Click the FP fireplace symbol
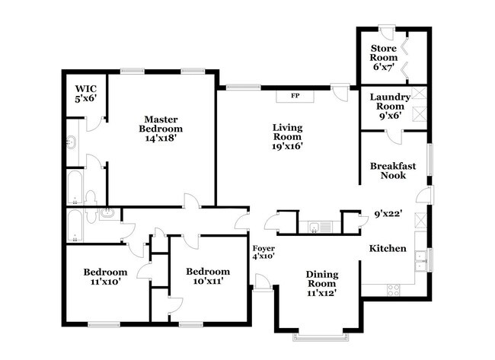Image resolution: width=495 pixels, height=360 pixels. tap(295, 96)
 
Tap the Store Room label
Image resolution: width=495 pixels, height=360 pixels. tap(384, 58)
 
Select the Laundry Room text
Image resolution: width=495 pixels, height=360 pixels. tap(390, 103)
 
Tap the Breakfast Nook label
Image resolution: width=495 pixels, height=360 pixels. tap(388, 170)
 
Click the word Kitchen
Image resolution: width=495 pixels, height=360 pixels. tap(388, 249)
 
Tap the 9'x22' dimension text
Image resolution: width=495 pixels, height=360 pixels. tap(387, 215)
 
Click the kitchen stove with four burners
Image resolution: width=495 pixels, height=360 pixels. tap(394, 289)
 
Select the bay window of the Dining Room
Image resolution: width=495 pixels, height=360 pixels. tap(318, 336)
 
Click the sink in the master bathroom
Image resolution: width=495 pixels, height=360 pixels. tap(72, 141)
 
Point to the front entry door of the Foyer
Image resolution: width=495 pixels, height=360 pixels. tap(262, 283)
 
